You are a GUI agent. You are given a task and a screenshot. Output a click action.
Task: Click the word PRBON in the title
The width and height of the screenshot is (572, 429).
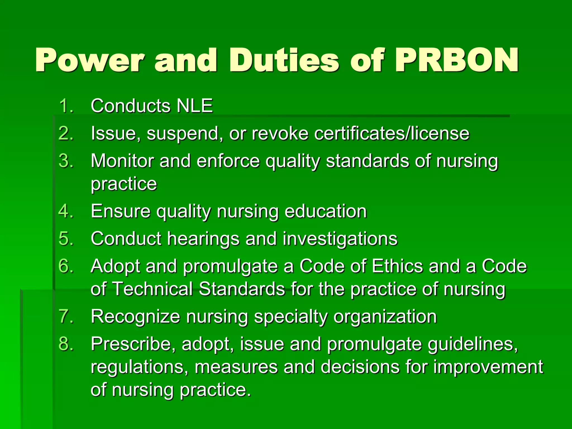(457, 60)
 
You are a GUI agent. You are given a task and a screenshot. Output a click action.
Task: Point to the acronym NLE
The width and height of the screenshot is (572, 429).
(195, 106)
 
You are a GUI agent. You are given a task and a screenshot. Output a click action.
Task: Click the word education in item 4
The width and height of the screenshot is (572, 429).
(325, 211)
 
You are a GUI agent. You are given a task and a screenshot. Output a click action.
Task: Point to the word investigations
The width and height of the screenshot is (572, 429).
(340, 239)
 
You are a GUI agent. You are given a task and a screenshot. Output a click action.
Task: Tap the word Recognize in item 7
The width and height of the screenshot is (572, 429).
(135, 316)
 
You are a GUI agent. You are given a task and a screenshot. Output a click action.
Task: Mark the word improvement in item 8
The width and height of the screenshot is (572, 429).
(488, 367)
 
